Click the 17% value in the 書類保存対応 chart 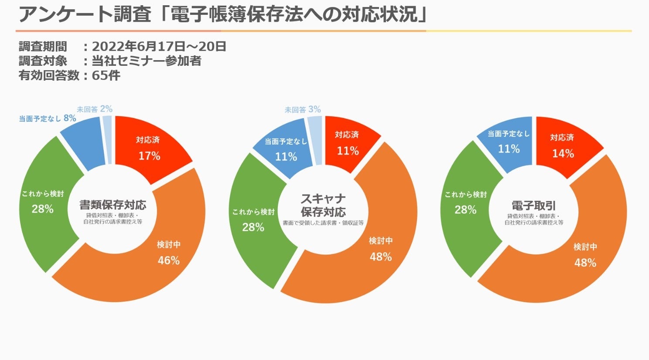coord(149,156)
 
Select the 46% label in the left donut coord(168,260)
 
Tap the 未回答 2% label coord(95,109)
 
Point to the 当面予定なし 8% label coord(48,118)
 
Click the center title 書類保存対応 coord(113,204)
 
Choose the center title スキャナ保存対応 coord(323,205)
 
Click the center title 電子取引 coord(534,206)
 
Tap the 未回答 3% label coord(303,109)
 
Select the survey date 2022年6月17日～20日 coord(159,46)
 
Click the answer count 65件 coord(106,75)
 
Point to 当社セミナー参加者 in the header coord(147,61)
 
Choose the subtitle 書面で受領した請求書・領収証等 coord(323,223)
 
